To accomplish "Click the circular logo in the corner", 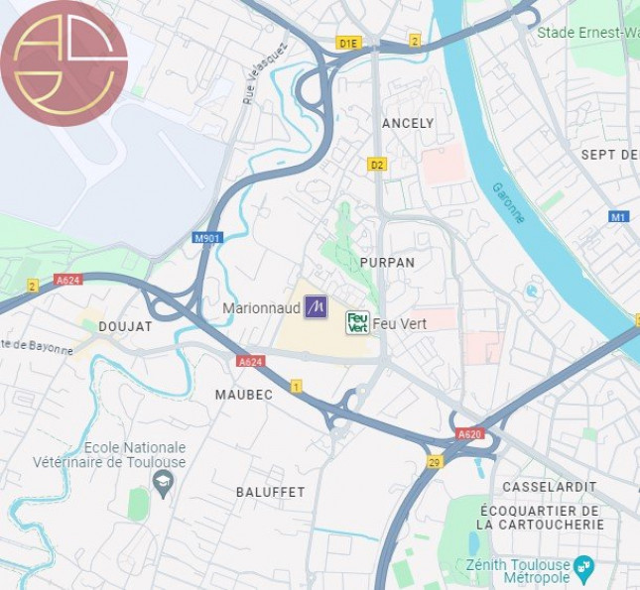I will [64, 63].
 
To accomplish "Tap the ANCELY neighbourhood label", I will [408, 124].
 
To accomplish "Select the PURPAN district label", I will [387, 262].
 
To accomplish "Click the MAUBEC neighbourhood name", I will [243, 395].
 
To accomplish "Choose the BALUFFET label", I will [270, 492].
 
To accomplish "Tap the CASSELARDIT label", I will [549, 487].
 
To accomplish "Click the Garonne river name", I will [507, 202].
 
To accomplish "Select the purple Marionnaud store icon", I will [316, 307].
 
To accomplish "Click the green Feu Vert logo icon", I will [357, 322].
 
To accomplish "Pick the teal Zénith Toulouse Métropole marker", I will [584, 566].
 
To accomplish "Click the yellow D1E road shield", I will [347, 44].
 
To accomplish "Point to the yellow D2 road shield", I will [376, 164].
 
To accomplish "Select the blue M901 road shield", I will [207, 238].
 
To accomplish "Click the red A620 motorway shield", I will [469, 434].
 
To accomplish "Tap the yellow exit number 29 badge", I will [435, 461].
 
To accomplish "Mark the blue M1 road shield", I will [619, 216].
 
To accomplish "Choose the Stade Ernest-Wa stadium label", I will [587, 33].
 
